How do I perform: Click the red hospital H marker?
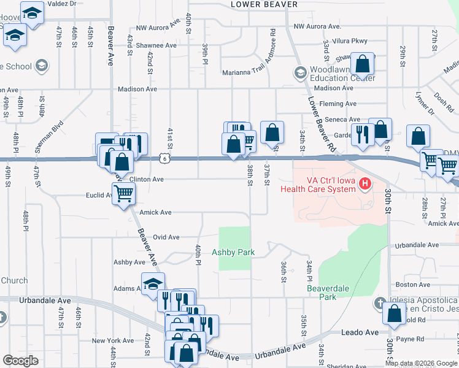pos(365,183)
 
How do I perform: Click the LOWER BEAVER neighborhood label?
pos(264,4)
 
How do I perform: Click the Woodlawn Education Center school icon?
pos(300,74)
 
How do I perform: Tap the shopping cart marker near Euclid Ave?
pos(124,194)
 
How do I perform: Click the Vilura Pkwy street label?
pos(349,41)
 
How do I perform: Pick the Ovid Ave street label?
pos(166,237)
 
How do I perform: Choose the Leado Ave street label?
pos(360,332)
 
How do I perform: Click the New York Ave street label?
pos(112,340)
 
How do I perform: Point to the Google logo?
pos(20,361)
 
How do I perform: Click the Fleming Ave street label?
pos(337,104)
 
